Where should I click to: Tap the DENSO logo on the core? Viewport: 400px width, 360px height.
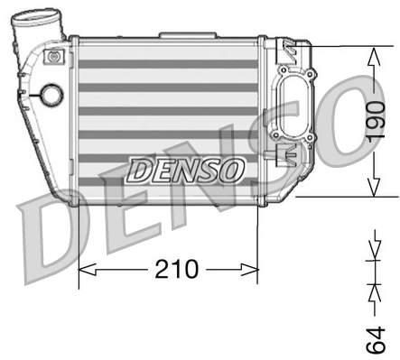tap(185, 169)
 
